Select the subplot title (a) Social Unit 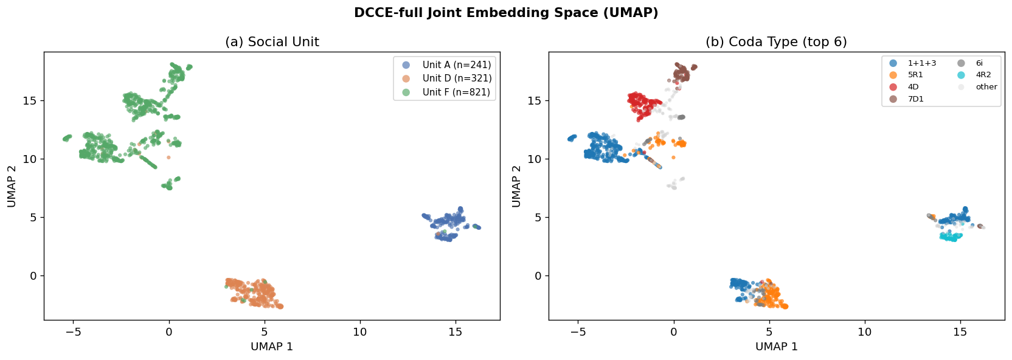[x=272, y=42]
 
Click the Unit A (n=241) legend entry [x=446, y=64]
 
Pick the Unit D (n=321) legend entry [x=446, y=78]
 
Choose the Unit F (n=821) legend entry [x=446, y=92]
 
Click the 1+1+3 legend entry [x=913, y=63]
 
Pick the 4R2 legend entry [x=974, y=75]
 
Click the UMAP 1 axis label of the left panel [x=272, y=347]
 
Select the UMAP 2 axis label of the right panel [x=516, y=186]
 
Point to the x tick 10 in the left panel [x=360, y=332]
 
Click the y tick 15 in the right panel [x=534, y=100]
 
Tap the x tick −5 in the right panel [x=578, y=332]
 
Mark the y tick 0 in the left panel [x=33, y=275]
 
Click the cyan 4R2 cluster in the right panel [x=951, y=237]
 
